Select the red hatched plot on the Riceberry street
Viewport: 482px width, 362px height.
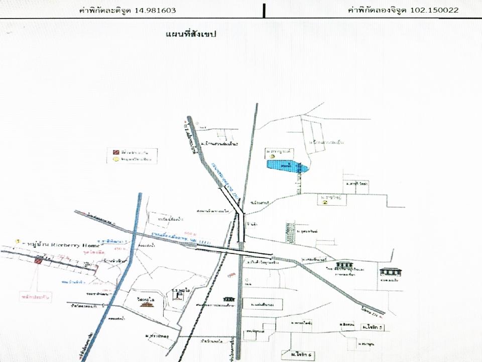(39, 260)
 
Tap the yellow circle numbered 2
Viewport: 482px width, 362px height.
(325, 203)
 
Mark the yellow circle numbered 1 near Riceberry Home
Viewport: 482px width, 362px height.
(18, 242)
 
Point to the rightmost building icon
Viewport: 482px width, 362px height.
(390, 272)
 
